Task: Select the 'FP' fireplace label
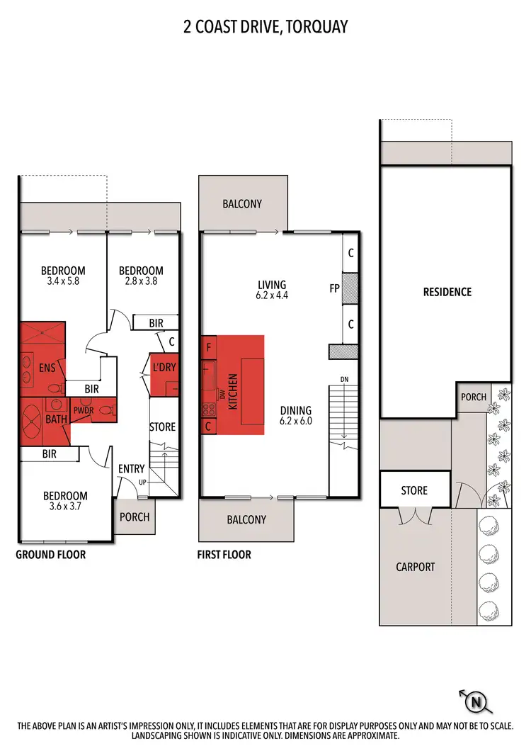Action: click(334, 288)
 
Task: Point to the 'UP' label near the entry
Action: click(143, 482)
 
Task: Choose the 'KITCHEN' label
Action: click(233, 388)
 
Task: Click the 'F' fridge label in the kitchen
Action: click(209, 348)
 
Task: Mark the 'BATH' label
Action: click(57, 419)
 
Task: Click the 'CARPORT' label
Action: click(416, 566)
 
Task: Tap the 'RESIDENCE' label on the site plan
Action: click(447, 292)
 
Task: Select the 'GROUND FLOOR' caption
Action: click(50, 555)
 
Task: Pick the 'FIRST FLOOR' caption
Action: click(224, 555)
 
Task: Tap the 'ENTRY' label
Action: click(132, 468)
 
